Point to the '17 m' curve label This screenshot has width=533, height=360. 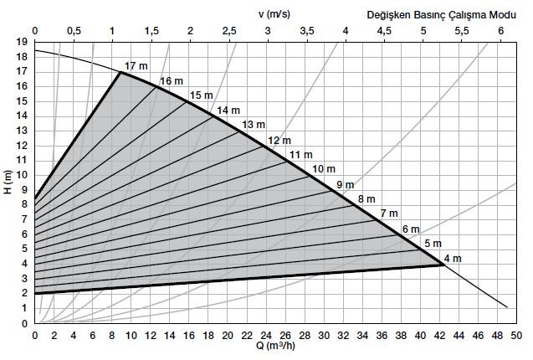click(135, 66)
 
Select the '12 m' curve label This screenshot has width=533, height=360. click(279, 141)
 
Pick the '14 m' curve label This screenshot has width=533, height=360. click(228, 111)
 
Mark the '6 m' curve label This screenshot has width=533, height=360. click(411, 229)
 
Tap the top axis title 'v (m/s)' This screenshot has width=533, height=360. click(269, 14)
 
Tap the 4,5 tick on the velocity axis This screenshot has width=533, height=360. click(385, 30)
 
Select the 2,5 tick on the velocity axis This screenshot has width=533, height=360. click(229, 30)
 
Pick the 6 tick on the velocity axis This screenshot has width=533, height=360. click(501, 30)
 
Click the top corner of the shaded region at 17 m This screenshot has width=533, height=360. click(120, 72)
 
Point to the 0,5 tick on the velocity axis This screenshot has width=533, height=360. click(74, 30)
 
